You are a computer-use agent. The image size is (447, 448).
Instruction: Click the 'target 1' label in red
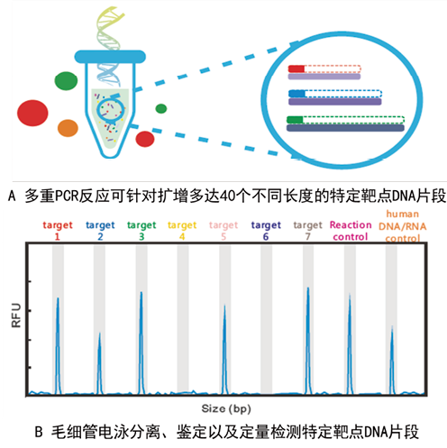tap(58, 231)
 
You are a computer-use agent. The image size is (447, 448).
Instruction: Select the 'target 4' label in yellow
tap(182, 231)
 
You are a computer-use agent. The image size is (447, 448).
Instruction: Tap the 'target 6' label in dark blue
tap(266, 231)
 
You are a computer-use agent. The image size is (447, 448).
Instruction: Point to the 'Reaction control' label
tap(351, 231)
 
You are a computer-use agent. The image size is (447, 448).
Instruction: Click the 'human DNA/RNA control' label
tap(403, 226)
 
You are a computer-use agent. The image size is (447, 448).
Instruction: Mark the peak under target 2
tap(99, 363)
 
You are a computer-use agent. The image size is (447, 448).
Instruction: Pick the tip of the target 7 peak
tap(308, 288)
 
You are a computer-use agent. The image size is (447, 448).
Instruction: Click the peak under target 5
tap(224, 350)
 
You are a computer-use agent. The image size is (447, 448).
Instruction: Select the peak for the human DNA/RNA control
tap(392, 361)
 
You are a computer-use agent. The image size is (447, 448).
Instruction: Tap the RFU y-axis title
tap(16, 315)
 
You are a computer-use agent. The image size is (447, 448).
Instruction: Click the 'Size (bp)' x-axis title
tap(226, 408)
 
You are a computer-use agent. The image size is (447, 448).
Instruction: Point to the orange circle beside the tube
tap(68, 128)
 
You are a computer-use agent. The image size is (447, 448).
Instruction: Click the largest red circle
tap(32, 113)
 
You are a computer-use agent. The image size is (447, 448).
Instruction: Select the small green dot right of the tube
tap(161, 108)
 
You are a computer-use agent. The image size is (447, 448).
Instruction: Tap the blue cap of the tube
tap(110, 57)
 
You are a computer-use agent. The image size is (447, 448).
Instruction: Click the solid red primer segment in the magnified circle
tap(296, 69)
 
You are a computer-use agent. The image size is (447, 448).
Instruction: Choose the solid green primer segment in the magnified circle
tap(295, 120)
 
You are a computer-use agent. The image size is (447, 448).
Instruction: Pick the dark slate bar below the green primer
tap(345, 128)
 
